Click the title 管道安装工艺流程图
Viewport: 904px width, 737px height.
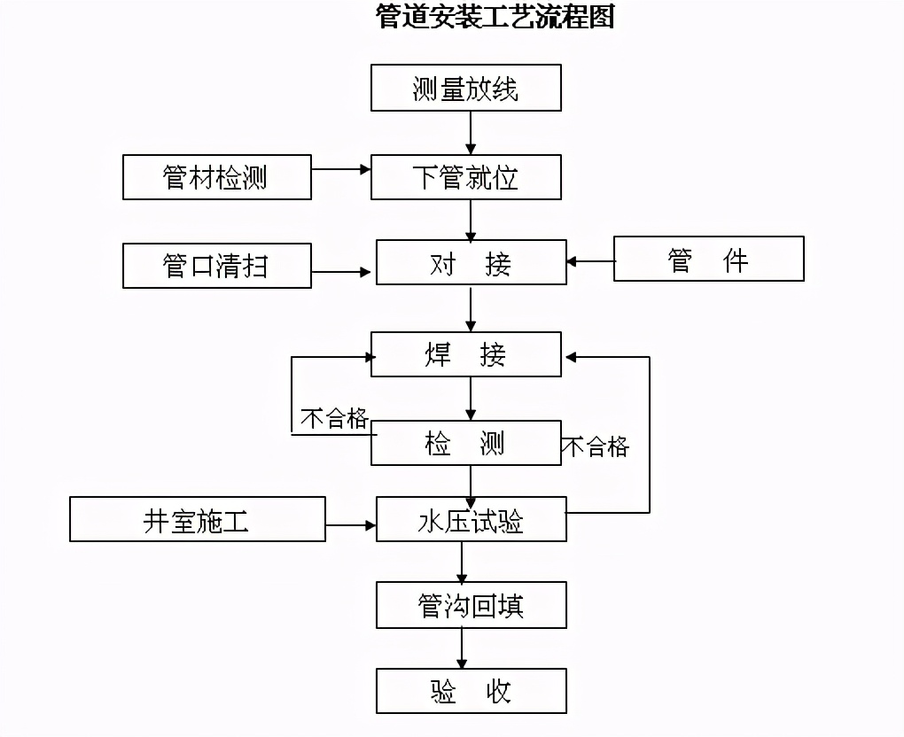click(495, 17)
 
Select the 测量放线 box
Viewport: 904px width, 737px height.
click(465, 88)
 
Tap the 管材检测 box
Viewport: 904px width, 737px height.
click(217, 177)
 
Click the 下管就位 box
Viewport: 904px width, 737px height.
click(465, 177)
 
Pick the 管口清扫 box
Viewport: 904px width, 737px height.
click(217, 265)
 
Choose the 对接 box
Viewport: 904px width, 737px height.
click(471, 263)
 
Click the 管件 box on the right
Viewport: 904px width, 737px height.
click(708, 259)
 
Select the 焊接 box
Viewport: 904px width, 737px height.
click(465, 354)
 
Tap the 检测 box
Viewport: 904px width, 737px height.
click(465, 443)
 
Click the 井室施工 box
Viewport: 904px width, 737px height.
click(198, 519)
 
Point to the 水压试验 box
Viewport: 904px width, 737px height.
click(471, 520)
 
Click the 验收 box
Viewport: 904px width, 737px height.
click(471, 691)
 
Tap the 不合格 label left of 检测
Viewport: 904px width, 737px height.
click(334, 418)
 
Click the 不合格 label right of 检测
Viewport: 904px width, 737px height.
click(596, 446)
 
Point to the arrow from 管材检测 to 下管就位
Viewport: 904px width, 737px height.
click(341, 168)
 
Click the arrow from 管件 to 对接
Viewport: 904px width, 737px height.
click(590, 261)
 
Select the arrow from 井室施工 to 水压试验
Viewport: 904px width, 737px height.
click(351, 525)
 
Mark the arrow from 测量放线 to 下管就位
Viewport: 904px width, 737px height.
click(471, 133)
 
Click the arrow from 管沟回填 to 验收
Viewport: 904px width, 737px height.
click(461, 648)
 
